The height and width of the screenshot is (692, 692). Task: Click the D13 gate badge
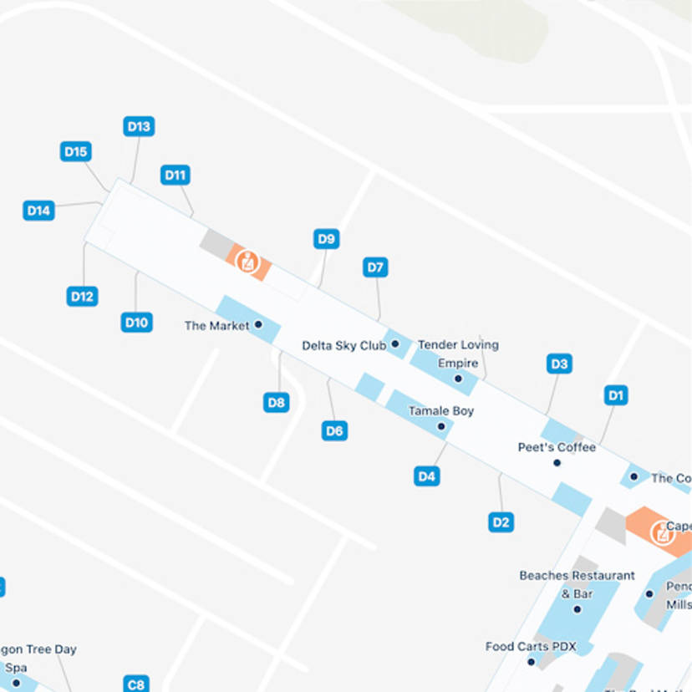tap(140, 126)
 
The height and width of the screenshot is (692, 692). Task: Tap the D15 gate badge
tap(76, 151)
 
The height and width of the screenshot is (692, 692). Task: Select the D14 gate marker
tap(38, 210)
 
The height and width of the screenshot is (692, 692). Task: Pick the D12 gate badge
tap(82, 296)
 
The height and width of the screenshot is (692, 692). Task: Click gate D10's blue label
tap(136, 322)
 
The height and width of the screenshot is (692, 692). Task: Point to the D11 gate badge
tap(175, 175)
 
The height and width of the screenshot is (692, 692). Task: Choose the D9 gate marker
tap(327, 239)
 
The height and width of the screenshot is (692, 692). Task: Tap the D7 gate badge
tap(375, 267)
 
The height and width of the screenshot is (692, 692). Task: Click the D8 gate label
tap(277, 402)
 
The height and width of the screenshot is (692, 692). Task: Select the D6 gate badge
tap(334, 430)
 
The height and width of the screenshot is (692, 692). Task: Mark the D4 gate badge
tap(427, 476)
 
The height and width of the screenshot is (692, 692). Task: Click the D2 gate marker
tap(501, 522)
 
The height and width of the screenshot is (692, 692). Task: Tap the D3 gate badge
tap(559, 364)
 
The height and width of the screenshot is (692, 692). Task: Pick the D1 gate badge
tap(616, 394)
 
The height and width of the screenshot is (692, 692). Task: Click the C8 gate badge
tap(136, 684)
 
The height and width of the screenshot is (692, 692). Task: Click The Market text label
tap(216, 326)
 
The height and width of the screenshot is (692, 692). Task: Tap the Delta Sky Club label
tap(343, 345)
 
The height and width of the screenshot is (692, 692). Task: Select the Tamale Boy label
tap(440, 411)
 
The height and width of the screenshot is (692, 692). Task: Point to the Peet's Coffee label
tap(557, 447)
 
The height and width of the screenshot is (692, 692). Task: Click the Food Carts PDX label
tap(531, 647)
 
